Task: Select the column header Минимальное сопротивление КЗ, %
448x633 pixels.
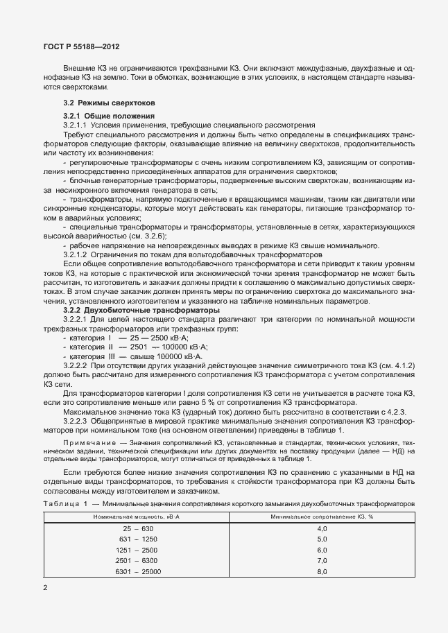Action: click(322, 517)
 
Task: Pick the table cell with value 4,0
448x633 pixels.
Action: click(322, 529)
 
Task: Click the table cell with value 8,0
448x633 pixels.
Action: click(322, 571)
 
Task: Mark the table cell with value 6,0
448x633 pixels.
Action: click(322, 550)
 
